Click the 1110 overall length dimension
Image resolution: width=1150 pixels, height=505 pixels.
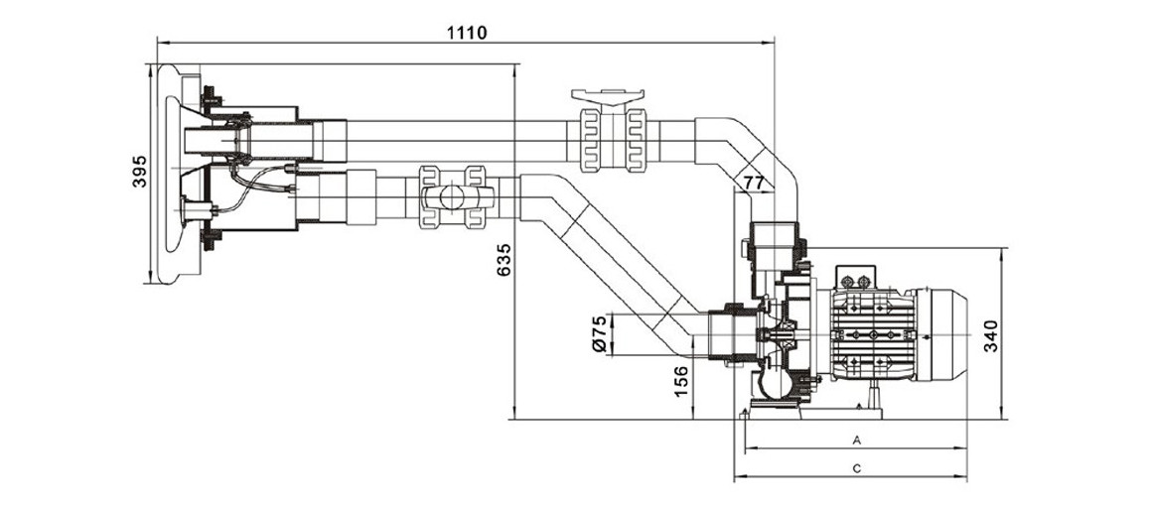click(466, 32)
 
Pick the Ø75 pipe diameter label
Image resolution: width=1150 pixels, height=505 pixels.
click(598, 334)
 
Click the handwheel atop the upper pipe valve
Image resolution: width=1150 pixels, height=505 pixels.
click(608, 97)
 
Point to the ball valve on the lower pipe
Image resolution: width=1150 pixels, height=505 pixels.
click(451, 194)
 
